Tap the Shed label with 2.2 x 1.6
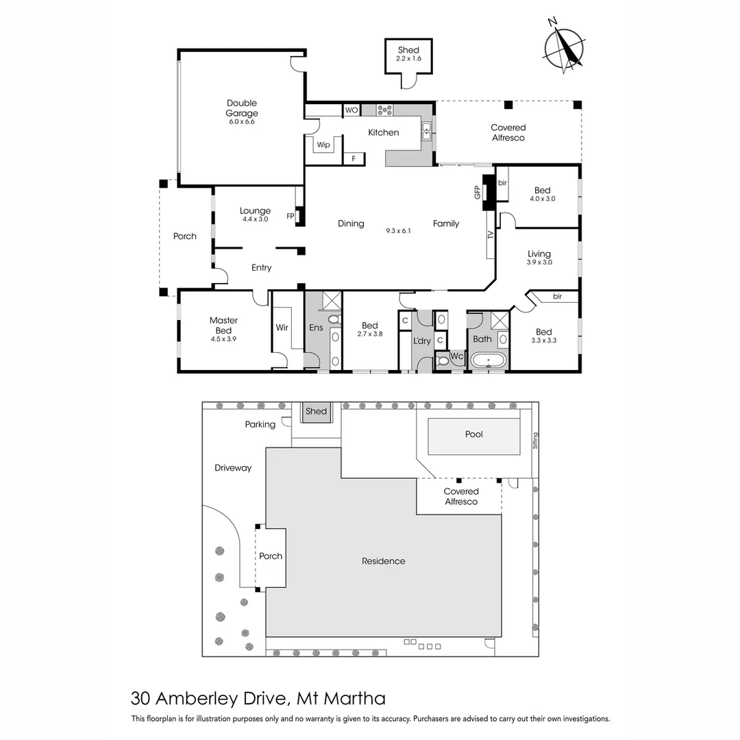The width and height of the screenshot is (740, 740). click(408, 54)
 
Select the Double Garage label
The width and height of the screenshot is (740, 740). click(242, 112)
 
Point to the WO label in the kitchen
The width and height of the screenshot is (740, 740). click(351, 110)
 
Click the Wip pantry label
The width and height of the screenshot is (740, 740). click(323, 145)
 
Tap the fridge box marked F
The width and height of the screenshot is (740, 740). click(354, 158)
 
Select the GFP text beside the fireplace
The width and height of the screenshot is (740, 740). click(478, 193)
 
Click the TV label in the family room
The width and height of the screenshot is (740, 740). click(491, 235)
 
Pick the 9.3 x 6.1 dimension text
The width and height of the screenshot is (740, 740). click(398, 231)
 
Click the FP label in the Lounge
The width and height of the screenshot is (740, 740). click(291, 216)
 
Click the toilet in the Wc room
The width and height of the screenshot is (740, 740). click(442, 361)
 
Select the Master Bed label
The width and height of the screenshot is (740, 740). click(223, 325)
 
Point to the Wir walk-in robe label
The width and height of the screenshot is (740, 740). click(282, 328)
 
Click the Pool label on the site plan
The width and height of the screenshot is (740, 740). click(473, 434)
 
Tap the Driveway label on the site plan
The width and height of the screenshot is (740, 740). click(233, 468)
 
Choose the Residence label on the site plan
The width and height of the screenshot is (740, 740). click(383, 561)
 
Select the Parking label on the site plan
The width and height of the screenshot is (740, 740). click(260, 424)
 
